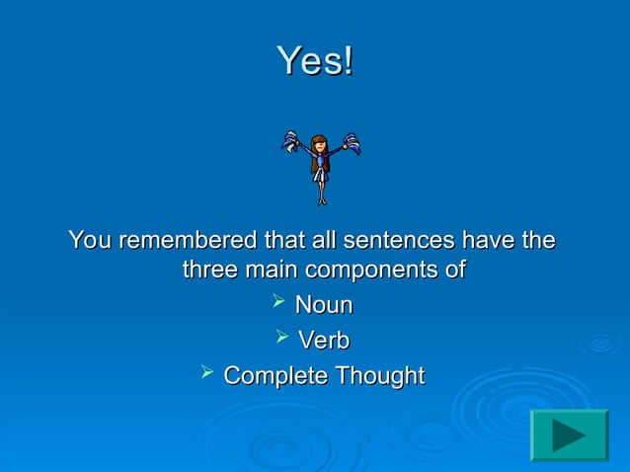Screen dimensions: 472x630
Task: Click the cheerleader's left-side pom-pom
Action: [294, 143]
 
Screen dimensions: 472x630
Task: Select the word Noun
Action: [324, 305]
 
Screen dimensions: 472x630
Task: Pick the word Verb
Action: [324, 341]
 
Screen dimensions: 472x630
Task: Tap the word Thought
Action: [377, 376]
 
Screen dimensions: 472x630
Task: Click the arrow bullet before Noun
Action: [278, 303]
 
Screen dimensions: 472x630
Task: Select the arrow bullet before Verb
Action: [281, 339]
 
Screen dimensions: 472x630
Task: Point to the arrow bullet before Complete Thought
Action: [206, 374]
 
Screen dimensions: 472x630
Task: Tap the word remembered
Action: [183, 240]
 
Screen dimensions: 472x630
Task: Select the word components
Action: [385, 271]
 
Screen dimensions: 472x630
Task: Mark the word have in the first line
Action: [489, 240]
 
